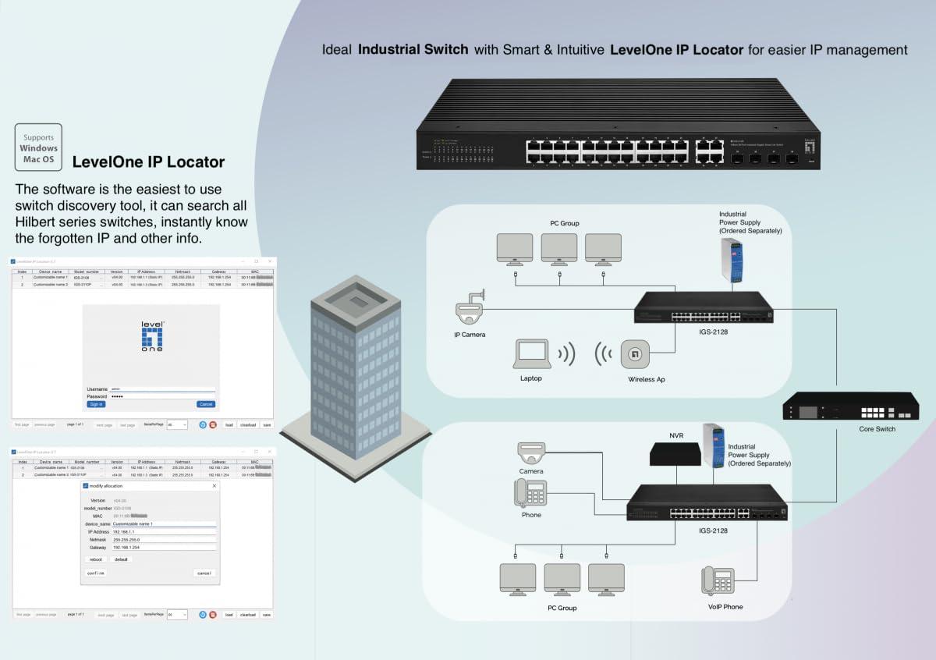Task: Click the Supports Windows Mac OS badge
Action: point(39,147)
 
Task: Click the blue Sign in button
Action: point(96,404)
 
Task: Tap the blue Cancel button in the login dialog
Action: point(205,404)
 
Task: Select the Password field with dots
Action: point(162,396)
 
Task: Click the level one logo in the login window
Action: point(152,336)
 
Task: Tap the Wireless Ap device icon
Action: point(636,354)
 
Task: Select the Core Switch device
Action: point(851,406)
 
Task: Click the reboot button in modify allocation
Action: point(96,559)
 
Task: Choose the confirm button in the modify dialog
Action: point(95,573)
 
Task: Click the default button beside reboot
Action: point(121,559)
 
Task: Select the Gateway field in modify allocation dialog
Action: point(163,548)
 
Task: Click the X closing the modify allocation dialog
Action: point(214,486)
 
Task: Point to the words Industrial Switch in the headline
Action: point(413,50)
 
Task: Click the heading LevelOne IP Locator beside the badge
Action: point(148,162)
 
